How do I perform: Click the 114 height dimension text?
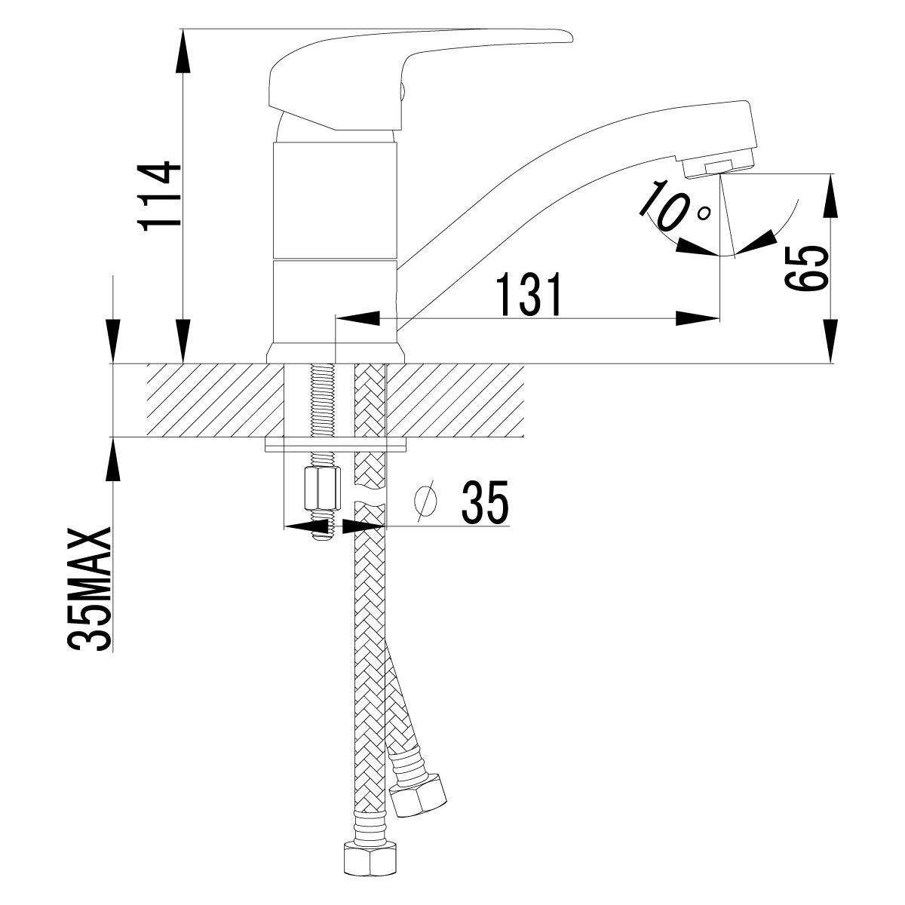coord(159,195)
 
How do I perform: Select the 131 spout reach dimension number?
coord(530,296)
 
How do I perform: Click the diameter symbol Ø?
coord(427,502)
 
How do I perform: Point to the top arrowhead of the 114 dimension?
coord(182,50)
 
